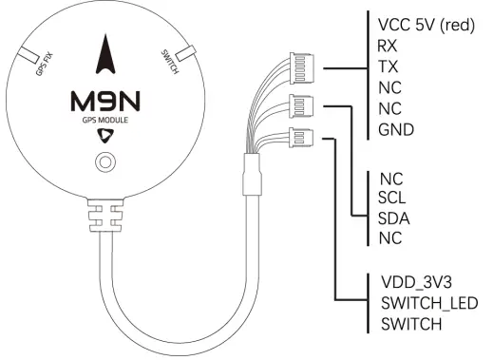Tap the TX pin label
389,67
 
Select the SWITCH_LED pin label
427,304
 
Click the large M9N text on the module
106,100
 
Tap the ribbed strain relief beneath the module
105,215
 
